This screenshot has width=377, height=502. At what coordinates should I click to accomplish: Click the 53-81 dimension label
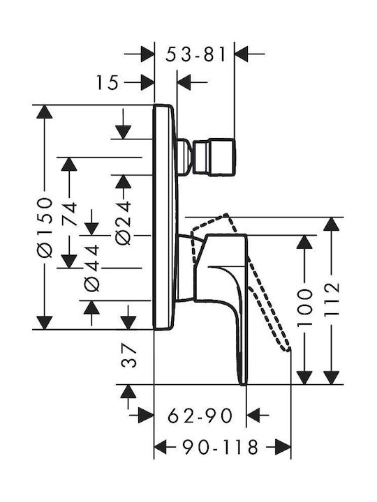pos(195,54)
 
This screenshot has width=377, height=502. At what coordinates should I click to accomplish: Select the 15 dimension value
pos(108,82)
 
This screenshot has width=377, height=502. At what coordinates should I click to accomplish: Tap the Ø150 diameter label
pos(44,227)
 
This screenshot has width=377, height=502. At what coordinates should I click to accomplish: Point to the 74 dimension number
pos(69,213)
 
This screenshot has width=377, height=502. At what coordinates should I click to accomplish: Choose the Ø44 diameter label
pos(91,268)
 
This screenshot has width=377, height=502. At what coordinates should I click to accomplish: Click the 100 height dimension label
pos(304,308)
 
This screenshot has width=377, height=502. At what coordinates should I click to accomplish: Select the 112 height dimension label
pos(332,299)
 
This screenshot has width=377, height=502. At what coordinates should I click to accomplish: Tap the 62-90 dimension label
pos(200,416)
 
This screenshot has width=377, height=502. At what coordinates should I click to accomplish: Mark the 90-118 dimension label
pos(220,447)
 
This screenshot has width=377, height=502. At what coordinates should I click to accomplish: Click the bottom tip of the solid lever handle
pos(244,384)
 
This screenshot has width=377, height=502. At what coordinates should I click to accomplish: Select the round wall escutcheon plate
pos(165,217)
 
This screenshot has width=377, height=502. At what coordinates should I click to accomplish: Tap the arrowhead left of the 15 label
pos(147,82)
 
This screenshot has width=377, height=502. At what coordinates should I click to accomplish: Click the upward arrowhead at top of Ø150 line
pos(44,112)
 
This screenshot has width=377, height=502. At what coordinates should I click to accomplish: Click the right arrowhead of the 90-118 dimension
pos(283,447)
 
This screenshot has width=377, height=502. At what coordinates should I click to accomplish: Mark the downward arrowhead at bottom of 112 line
pos(332,377)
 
